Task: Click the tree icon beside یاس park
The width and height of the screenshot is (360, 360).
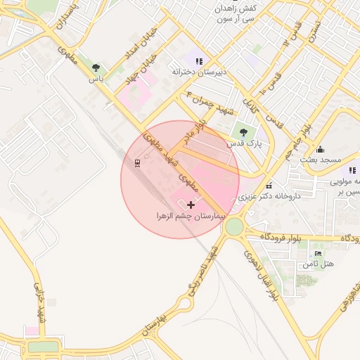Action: click(96, 67)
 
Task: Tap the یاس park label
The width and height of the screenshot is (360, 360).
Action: click(96, 79)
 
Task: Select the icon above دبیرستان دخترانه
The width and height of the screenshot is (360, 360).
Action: click(199, 60)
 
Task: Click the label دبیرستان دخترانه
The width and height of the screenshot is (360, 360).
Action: click(199, 72)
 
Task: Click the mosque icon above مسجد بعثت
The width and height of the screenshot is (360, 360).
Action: click(321, 149)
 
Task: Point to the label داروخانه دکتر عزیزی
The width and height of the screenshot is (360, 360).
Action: click(270, 196)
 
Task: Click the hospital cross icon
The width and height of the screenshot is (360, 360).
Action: click(191, 204)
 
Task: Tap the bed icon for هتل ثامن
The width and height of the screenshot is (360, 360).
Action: click(319, 253)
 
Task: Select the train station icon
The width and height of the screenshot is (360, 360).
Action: click(137, 164)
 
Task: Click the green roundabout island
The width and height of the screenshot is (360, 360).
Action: click(233, 226)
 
